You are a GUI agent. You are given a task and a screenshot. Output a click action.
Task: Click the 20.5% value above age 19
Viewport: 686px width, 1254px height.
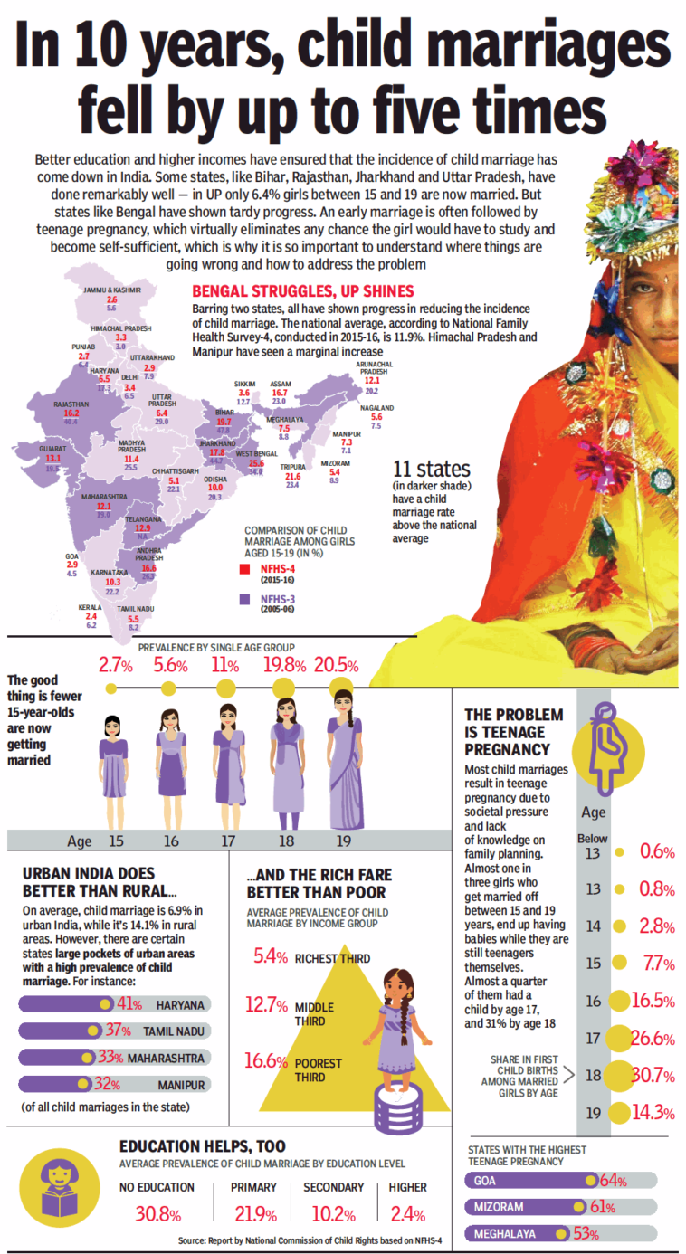pos(341,666)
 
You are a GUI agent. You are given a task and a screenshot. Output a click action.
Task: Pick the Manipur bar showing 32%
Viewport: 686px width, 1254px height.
pos(113,1084)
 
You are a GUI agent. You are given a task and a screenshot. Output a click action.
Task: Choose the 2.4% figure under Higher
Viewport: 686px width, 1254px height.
pos(406,1213)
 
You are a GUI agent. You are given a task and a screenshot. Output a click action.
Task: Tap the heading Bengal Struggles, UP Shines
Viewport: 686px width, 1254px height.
pos(303,290)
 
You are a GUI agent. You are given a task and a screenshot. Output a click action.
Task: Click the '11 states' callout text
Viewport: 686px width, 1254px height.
pos(433,469)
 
